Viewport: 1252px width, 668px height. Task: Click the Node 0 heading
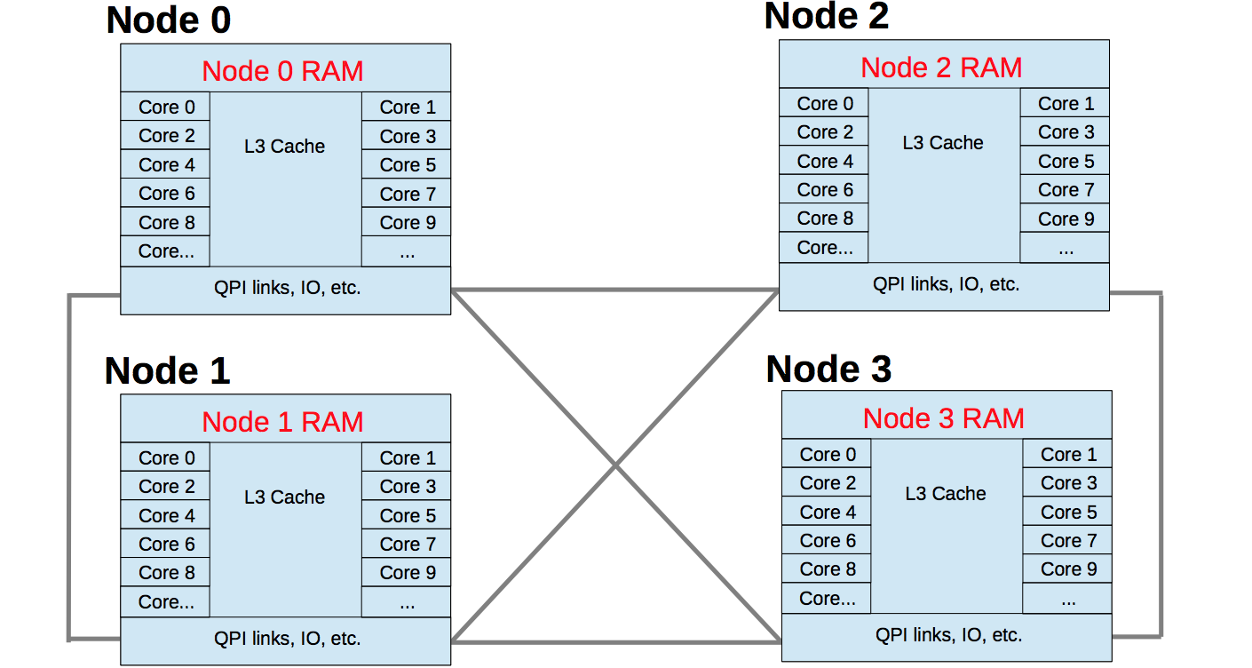point(169,20)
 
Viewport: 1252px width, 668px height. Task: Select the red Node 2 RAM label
point(942,68)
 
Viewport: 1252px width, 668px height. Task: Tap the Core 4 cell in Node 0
point(166,165)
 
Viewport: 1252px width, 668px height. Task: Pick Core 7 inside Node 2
point(1066,190)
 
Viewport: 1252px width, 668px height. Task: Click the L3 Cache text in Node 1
point(284,497)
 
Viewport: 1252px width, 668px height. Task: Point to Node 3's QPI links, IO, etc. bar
point(947,635)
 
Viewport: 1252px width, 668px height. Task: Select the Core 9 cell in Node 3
point(1068,569)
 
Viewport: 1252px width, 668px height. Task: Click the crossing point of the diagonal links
point(614,465)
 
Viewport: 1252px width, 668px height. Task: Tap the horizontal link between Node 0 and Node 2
point(614,290)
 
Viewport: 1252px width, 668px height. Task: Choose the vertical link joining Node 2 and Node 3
point(1161,462)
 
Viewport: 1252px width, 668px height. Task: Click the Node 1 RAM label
point(282,422)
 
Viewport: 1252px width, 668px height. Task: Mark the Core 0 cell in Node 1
point(166,458)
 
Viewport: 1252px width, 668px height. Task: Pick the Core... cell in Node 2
point(825,248)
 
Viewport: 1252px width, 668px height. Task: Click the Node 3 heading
point(828,370)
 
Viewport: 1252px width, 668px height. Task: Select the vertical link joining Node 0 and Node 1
point(69,466)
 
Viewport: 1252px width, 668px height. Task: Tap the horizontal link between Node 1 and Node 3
point(614,641)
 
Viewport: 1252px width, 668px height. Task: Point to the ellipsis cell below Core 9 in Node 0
point(407,251)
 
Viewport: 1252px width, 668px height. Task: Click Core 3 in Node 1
point(407,487)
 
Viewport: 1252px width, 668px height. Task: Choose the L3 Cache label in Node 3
point(946,494)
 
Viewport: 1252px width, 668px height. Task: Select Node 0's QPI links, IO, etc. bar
point(286,288)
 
